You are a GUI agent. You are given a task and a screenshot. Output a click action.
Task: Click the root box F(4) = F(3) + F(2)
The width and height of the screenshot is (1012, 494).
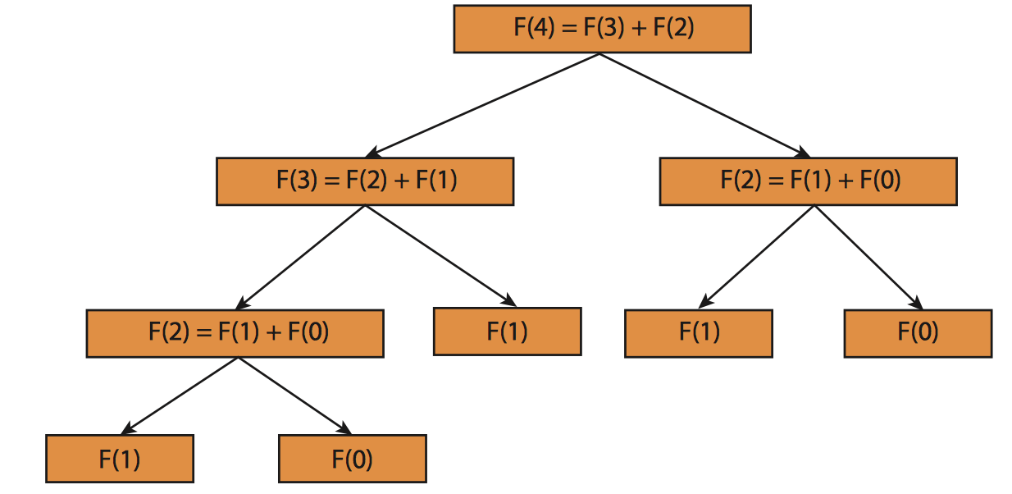coord(602,29)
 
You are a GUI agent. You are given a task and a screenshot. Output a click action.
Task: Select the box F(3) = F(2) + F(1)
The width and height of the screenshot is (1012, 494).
coord(365,181)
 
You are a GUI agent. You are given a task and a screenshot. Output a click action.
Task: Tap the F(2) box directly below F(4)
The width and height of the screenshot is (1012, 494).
coord(808,181)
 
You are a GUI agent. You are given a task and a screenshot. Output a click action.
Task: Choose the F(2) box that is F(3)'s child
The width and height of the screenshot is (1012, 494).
coord(235,333)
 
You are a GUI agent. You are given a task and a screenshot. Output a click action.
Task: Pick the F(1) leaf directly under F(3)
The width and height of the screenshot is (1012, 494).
coord(507,332)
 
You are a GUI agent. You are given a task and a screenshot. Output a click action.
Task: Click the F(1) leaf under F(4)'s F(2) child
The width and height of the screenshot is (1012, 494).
coord(698,333)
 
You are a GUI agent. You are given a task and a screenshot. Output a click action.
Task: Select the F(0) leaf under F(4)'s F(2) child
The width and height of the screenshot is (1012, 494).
coord(918,333)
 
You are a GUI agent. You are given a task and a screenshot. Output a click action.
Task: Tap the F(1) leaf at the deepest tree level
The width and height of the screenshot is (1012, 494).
coord(120,459)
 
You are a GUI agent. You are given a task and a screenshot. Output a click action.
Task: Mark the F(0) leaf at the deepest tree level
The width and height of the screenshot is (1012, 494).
coord(353,459)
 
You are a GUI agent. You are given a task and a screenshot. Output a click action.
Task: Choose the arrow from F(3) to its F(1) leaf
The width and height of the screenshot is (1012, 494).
coord(439,255)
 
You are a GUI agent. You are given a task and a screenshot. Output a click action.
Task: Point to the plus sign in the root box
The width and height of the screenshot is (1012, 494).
coord(636,29)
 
